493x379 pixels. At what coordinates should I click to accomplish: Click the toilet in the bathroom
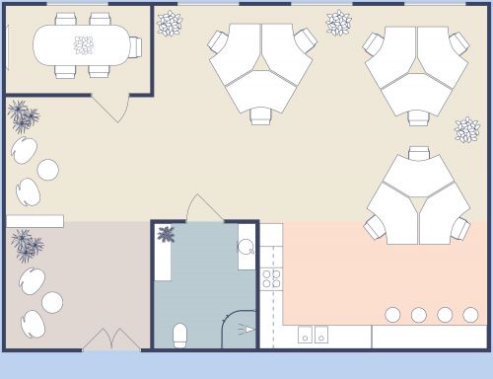(x=180, y=334)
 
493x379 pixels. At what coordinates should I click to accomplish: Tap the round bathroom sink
(x=246, y=248)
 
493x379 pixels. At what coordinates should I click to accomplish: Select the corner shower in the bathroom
(x=240, y=329)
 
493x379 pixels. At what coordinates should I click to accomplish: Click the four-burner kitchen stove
(x=271, y=278)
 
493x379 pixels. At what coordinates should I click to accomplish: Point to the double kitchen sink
(x=313, y=335)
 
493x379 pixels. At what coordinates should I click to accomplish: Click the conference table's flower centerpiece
(x=84, y=44)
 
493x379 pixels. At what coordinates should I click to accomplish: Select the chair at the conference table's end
(x=135, y=45)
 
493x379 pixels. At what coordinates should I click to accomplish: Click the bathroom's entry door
(x=203, y=209)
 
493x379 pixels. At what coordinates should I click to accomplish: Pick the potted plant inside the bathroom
(x=167, y=234)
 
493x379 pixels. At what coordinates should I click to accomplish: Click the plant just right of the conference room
(x=170, y=22)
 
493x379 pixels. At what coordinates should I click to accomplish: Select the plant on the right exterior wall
(x=466, y=129)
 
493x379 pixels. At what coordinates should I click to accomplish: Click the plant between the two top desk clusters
(x=338, y=22)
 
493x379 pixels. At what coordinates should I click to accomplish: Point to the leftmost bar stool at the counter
(x=392, y=315)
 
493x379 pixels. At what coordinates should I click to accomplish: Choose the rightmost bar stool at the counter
(x=470, y=315)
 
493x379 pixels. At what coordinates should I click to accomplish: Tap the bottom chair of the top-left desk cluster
(x=261, y=115)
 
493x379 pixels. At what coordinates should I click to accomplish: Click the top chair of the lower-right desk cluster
(x=418, y=154)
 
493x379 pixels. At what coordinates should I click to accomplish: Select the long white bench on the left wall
(x=35, y=221)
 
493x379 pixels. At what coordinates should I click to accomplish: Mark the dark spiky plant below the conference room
(x=23, y=116)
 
